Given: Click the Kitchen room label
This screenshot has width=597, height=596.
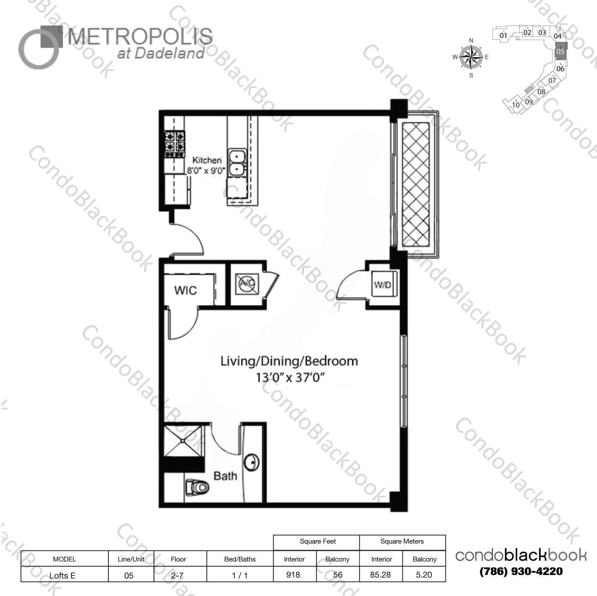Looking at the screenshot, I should point(207,160).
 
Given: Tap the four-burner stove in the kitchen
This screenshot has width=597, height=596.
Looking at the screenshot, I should point(175,142).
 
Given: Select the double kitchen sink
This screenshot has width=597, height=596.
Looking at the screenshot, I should point(237,163).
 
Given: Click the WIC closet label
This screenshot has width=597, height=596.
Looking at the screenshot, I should point(185,290).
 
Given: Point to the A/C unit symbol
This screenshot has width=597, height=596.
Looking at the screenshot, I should point(247,284).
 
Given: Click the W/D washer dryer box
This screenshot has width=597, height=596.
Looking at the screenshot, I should point(383,284).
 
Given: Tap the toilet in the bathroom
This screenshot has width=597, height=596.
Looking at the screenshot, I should point(198,487).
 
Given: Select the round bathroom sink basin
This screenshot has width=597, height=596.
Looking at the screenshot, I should point(252,462).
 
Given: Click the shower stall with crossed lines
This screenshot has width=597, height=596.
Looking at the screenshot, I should point(183,440).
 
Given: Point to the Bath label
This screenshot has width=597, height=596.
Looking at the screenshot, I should point(225,476).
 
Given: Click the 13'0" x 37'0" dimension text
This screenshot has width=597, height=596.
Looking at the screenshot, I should point(290,377).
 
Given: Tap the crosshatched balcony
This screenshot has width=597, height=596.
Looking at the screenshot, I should point(416,185).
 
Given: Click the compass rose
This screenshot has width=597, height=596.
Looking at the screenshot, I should point(471,57).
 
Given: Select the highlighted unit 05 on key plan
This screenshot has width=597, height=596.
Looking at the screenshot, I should point(560,52).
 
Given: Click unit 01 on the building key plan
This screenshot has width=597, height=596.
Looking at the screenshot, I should point(503,35).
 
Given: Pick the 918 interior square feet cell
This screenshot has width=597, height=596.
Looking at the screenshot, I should point(293,575).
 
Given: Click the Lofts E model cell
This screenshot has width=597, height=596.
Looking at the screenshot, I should point(63,575).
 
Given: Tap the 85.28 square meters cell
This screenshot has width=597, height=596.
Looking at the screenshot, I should point(380,575).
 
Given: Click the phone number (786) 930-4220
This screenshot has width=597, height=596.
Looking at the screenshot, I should point(521,571).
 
